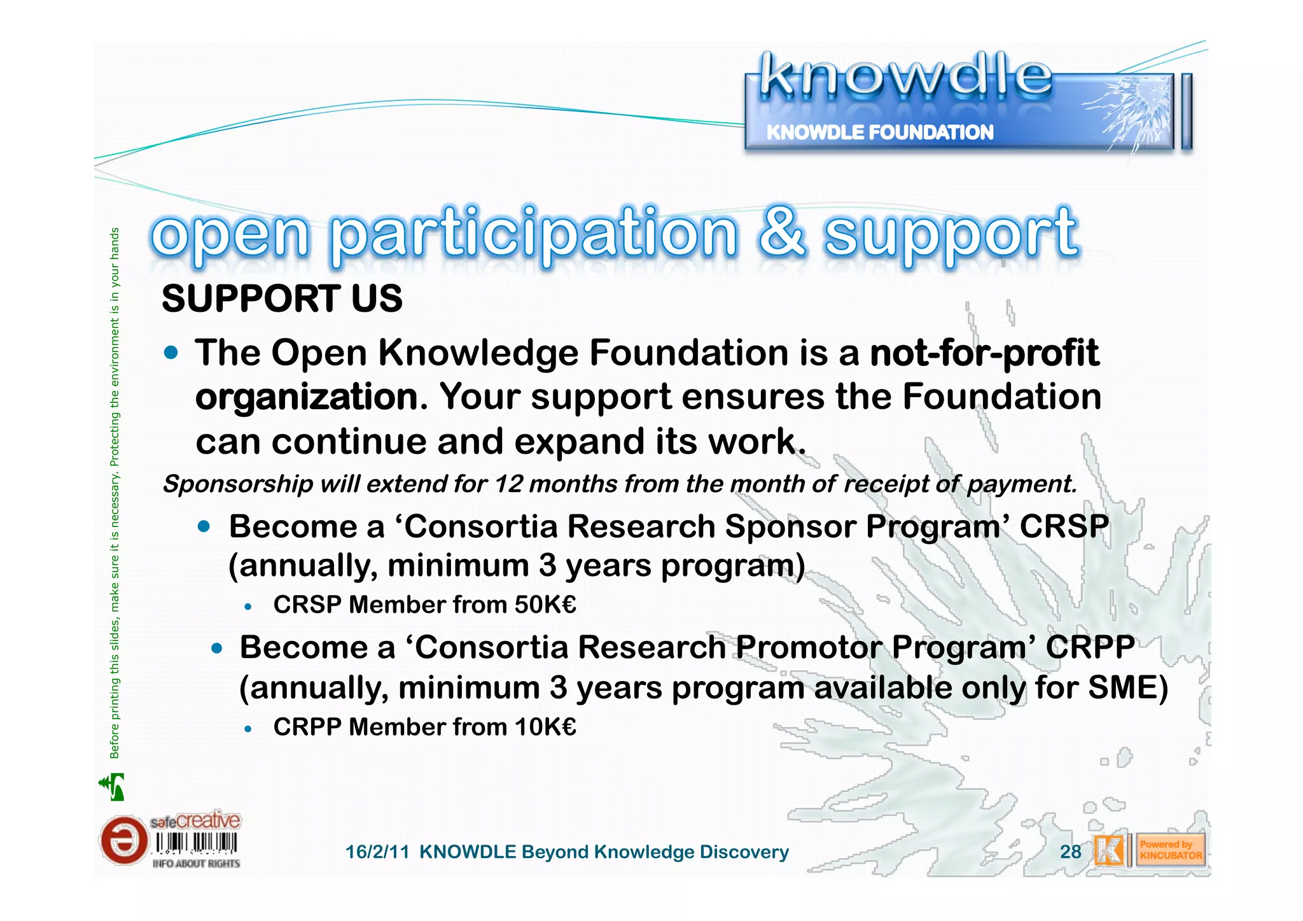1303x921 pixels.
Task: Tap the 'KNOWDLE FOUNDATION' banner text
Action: tap(879, 132)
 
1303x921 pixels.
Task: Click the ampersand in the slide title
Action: tap(781, 232)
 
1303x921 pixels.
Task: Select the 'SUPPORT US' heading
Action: tap(282, 299)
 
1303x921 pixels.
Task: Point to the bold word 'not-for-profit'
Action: tap(984, 353)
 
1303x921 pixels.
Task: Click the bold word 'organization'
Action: tap(307, 397)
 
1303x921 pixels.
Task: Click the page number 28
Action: tap(1070, 852)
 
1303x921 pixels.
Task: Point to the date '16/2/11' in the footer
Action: tap(377, 852)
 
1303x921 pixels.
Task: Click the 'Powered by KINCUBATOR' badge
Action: tap(1170, 850)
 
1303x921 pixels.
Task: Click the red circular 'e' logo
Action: tap(123, 841)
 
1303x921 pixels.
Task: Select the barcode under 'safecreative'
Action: tap(197, 844)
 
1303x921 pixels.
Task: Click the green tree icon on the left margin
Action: tap(113, 787)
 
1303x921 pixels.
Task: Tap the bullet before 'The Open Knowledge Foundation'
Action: tap(171, 353)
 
